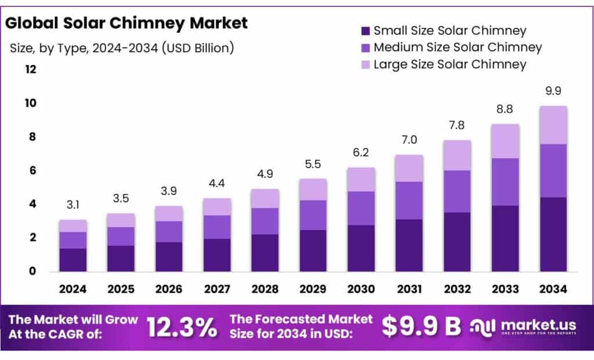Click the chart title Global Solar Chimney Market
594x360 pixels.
(126, 23)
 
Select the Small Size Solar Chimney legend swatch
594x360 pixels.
(365, 31)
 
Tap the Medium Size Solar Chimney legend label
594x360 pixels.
(458, 48)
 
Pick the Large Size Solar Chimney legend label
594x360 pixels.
(450, 64)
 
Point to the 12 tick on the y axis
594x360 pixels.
(31, 70)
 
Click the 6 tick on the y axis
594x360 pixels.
(33, 170)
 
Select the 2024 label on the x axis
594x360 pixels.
(73, 288)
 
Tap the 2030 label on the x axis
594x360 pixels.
(360, 288)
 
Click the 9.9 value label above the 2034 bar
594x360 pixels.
(553, 91)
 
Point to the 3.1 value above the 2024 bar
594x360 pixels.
(73, 205)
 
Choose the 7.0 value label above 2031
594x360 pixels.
(408, 140)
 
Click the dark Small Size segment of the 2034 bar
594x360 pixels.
(553, 234)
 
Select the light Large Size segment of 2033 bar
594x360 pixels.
(505, 141)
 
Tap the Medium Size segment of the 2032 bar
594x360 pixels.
(457, 191)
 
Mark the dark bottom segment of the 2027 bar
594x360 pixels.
(216, 255)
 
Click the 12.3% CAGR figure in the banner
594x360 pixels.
(181, 328)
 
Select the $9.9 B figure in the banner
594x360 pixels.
(421, 327)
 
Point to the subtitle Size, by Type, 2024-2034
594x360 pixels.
(122, 48)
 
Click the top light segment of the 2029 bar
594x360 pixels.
(313, 190)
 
